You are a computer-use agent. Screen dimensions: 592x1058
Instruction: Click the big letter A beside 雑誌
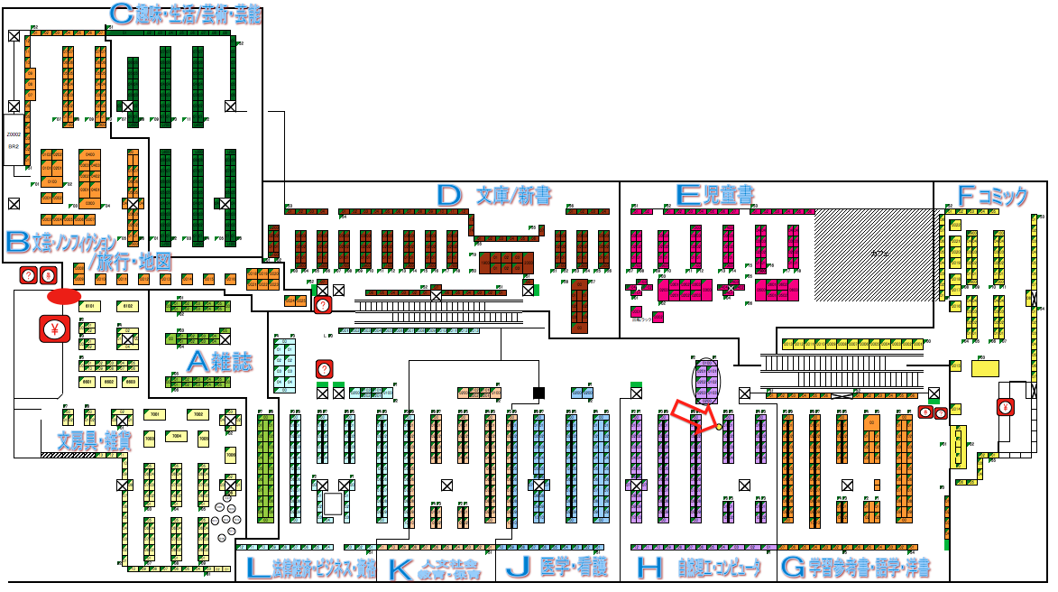coord(198,362)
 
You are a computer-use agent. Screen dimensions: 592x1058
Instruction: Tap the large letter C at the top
coord(121,14)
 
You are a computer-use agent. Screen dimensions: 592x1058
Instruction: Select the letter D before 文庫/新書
coord(448,195)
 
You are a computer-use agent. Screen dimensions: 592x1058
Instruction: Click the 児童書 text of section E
coord(728,195)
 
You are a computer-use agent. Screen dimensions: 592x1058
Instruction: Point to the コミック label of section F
coord(1003,196)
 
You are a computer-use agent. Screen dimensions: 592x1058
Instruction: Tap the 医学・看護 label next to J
coord(574,568)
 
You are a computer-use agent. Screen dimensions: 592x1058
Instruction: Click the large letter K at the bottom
coord(398,569)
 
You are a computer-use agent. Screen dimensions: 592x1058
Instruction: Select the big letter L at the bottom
coord(257,568)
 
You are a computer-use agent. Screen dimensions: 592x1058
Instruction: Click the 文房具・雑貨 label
coord(94,441)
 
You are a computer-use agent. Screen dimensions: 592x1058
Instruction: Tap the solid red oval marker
coord(63,295)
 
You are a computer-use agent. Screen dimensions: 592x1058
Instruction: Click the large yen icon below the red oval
coord(54,329)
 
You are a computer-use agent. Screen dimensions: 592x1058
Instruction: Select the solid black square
coord(539,393)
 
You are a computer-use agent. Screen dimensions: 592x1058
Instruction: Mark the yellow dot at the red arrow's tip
coord(719,427)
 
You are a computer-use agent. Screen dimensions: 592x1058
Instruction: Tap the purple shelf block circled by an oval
coord(705,381)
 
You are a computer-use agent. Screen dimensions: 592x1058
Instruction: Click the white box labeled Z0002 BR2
coord(13,140)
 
